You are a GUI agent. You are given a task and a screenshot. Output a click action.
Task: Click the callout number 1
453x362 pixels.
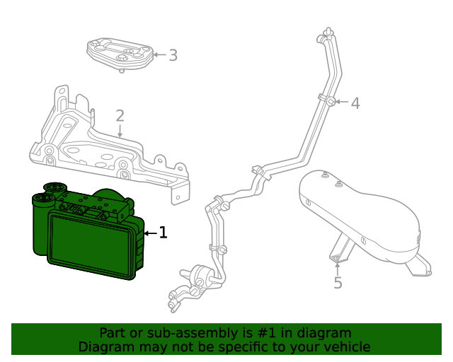coord(163,232)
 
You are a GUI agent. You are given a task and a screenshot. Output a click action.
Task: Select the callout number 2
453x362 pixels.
coord(120,115)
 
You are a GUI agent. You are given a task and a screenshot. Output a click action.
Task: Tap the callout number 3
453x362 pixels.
coord(173,54)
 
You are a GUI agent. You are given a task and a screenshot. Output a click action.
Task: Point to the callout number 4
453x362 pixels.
coord(355,103)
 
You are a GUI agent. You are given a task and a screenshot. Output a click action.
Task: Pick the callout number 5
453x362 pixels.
coord(338,283)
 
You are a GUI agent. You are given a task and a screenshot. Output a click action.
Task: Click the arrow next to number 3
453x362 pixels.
coord(159,54)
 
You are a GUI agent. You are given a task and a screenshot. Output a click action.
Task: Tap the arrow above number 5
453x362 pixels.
coord(338,267)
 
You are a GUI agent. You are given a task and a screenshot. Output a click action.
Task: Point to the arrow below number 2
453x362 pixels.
coord(120,131)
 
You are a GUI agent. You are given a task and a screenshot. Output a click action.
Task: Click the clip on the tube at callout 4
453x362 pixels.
coord(331,101)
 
